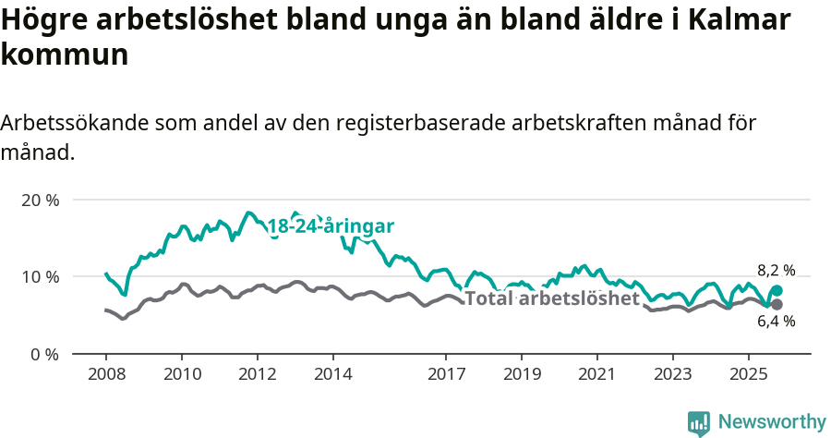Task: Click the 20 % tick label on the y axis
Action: click(40, 200)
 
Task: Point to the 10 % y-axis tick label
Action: click(40, 276)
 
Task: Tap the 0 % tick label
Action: click(43, 354)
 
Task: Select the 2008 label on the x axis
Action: click(105, 375)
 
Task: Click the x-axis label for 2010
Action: click(181, 375)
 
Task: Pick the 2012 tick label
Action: click(257, 375)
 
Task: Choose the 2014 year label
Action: click(332, 375)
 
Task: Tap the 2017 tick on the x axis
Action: click(446, 375)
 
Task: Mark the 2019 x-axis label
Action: click(522, 375)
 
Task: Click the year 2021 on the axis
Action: click(597, 375)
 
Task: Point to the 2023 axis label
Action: click(672, 375)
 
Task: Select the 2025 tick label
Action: click(748, 375)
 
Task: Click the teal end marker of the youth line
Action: click(777, 290)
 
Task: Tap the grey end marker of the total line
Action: click(777, 304)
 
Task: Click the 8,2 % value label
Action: click(776, 271)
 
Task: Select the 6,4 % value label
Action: click(776, 322)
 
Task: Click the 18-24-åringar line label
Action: click(331, 226)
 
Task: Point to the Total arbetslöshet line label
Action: click(552, 298)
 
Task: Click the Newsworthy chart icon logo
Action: click(699, 422)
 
